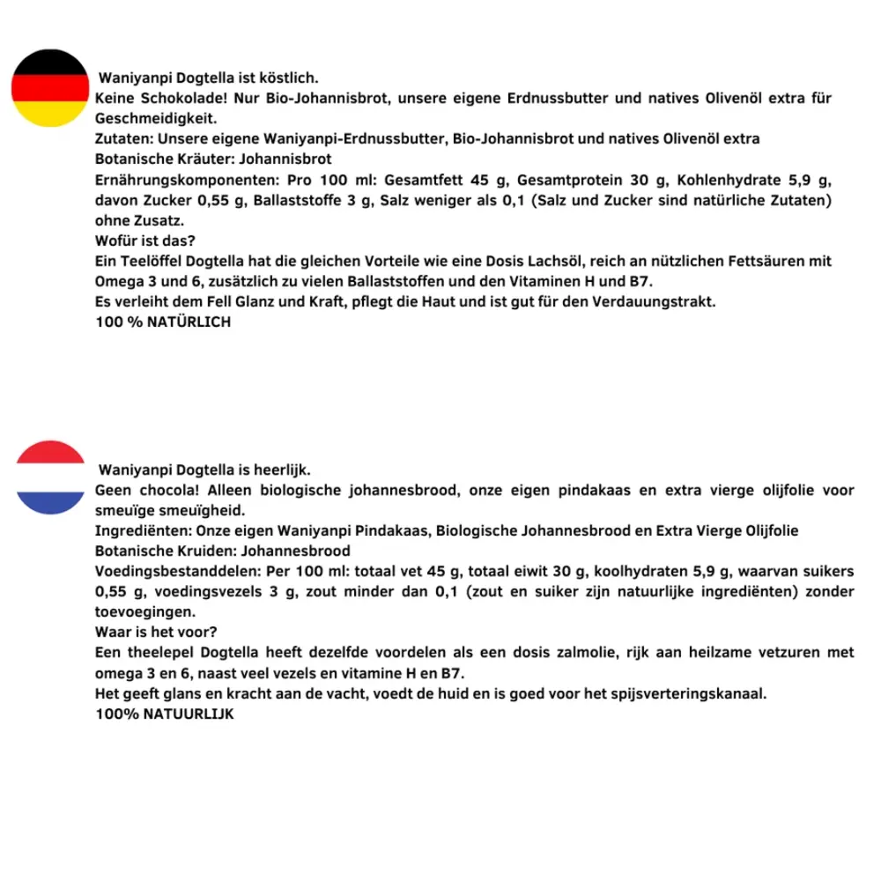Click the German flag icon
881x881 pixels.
click(50, 88)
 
